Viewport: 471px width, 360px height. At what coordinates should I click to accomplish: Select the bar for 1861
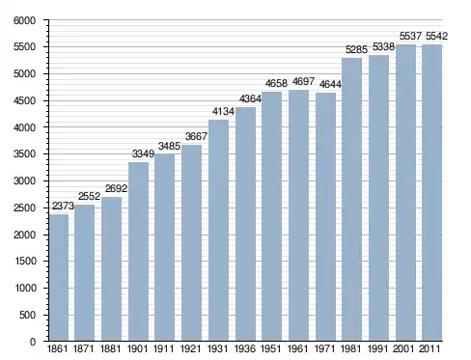click(59, 278)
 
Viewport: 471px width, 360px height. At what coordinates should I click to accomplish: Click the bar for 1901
click(138, 252)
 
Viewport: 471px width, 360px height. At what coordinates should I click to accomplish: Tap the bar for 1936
click(245, 224)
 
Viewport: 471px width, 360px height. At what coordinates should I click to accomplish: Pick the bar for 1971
click(325, 217)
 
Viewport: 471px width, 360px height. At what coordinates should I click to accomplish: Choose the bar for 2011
click(431, 193)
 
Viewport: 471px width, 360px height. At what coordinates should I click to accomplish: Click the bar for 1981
click(352, 200)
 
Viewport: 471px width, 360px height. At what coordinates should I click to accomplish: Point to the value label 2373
click(63, 206)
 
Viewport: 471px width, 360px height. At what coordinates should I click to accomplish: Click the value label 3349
click(143, 153)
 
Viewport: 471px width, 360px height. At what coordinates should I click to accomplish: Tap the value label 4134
click(223, 111)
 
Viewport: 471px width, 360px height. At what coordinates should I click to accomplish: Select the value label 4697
click(303, 82)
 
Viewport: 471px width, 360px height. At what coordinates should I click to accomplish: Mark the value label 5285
click(356, 49)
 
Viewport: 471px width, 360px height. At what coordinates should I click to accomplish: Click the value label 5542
click(436, 36)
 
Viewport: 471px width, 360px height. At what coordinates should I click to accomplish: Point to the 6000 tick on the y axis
click(25, 20)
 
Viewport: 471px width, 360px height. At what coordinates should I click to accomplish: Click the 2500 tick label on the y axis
click(25, 208)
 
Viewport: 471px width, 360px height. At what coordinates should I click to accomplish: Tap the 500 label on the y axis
click(28, 315)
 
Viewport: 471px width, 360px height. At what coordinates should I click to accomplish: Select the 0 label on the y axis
click(33, 342)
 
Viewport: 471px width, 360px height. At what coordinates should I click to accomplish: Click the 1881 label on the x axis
click(110, 348)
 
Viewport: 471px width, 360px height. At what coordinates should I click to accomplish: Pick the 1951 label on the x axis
click(270, 348)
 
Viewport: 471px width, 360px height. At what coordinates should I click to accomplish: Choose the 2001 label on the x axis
click(403, 348)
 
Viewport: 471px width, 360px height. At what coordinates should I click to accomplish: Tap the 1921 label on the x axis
click(190, 348)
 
